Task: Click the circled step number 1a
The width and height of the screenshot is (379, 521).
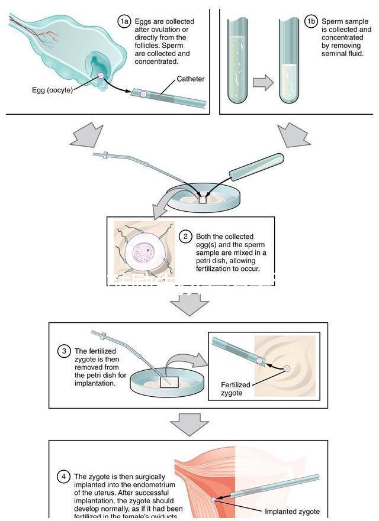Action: tap(123, 22)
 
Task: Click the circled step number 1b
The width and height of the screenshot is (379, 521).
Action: tap(311, 22)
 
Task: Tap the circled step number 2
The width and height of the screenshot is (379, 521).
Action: tap(185, 237)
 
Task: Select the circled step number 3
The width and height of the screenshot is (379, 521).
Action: tap(64, 351)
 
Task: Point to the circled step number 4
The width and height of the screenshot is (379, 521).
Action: tap(64, 476)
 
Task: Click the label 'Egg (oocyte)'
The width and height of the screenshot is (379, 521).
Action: tap(52, 90)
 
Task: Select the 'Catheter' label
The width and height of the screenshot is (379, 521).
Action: tap(191, 79)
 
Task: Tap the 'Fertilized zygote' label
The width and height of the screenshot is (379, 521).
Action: tap(236, 389)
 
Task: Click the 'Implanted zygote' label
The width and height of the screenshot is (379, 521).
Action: tap(292, 512)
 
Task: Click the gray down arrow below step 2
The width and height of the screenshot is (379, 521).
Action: tap(189, 304)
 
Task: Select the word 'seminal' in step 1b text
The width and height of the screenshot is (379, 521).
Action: tap(335, 53)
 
